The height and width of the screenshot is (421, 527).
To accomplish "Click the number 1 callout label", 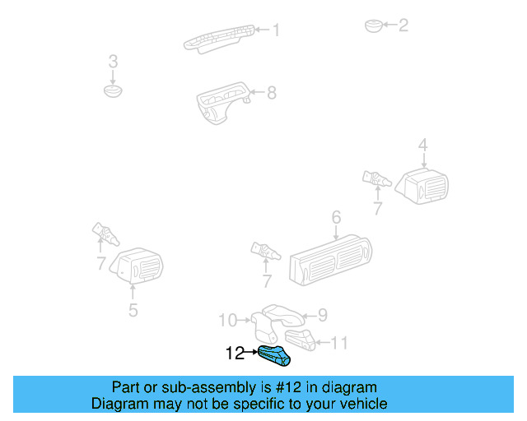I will [276, 30].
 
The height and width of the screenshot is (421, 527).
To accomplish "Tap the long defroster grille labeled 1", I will [218, 38].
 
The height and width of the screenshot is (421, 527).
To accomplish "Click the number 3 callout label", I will [113, 62].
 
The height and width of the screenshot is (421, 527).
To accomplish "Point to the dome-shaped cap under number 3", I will [113, 88].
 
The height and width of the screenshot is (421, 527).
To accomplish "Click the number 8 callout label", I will [271, 93].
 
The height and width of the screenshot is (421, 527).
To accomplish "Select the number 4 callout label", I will [422, 146].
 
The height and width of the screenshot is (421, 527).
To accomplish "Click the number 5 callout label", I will [133, 310].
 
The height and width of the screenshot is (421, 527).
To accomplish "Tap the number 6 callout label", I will [336, 218].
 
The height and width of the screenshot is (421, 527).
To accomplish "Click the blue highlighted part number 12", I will [274, 356].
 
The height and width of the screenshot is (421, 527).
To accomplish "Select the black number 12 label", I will [235, 354].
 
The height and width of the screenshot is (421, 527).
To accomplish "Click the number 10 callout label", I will [227, 320].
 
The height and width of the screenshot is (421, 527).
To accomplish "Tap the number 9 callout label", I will [323, 314].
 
